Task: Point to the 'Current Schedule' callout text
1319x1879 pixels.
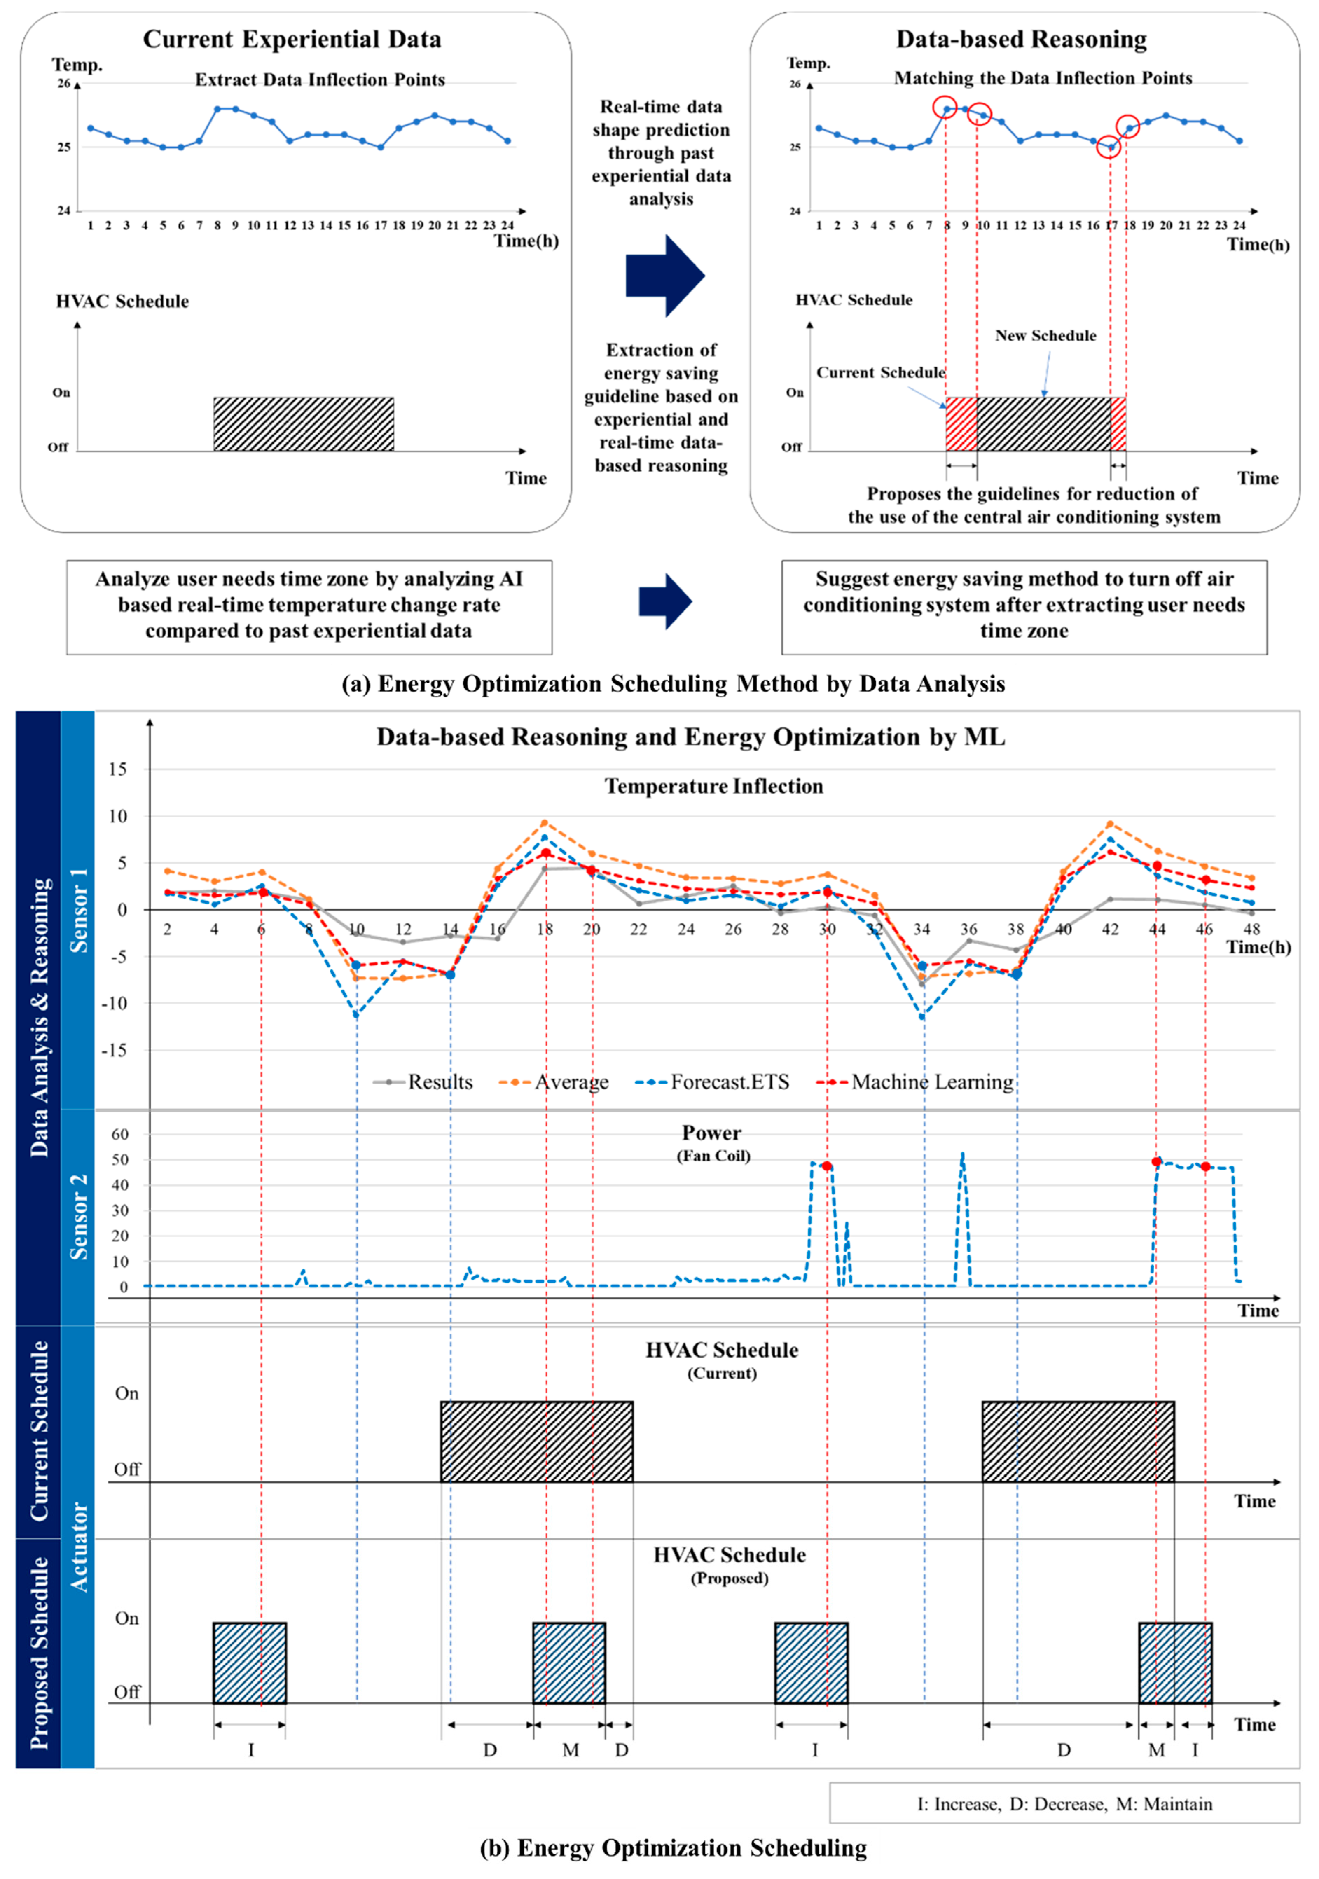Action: coord(881,372)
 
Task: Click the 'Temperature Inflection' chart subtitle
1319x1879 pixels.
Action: coord(713,787)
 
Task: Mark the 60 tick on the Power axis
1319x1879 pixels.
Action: coord(119,1134)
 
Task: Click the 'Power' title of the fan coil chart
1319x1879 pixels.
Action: coord(711,1133)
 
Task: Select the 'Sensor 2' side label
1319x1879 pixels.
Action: coord(78,1217)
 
